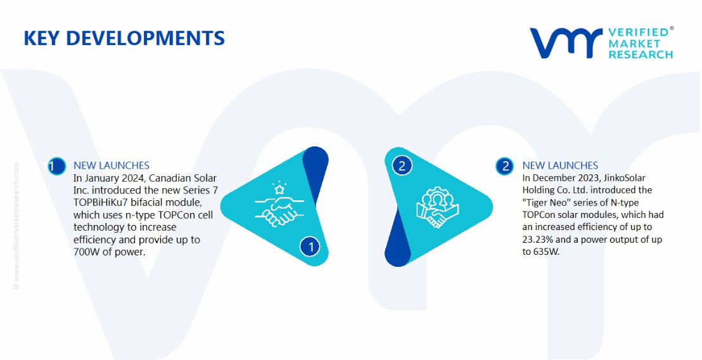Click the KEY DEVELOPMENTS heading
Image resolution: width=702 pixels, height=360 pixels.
124,38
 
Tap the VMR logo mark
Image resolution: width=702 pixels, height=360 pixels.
566,43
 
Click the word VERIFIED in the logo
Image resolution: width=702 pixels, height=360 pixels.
638,32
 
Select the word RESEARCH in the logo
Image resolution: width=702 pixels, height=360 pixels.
640,55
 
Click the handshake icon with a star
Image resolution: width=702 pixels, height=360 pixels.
279,205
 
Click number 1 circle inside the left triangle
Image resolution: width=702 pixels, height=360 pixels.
310,247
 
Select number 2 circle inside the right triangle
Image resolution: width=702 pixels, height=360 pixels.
402,166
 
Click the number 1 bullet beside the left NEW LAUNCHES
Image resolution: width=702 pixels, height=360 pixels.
56,166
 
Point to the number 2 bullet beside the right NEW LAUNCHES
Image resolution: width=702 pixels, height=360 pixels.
506,166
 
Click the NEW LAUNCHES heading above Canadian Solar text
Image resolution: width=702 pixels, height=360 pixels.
112,165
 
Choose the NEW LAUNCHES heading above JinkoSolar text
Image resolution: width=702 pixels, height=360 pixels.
560,165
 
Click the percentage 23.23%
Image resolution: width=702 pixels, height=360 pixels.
537,240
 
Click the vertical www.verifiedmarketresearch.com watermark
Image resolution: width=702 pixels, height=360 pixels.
16,226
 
